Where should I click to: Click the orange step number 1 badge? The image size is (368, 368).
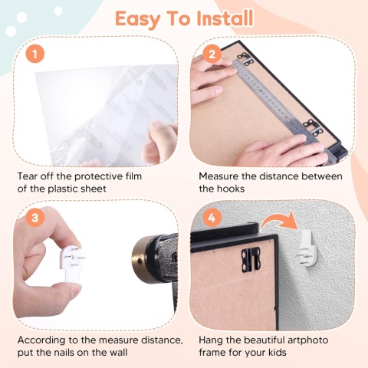[x=35, y=54]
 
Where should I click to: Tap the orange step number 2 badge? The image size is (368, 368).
[x=212, y=54]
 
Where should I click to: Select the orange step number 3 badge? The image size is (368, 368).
[x=35, y=218]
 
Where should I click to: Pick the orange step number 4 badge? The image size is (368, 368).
[x=212, y=218]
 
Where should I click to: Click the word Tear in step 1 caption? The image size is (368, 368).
[x=26, y=176]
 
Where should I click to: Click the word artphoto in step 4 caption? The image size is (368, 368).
[x=307, y=340]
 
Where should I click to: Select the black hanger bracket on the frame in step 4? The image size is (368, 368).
[x=251, y=260]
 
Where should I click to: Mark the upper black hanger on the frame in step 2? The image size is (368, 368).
[x=245, y=59]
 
